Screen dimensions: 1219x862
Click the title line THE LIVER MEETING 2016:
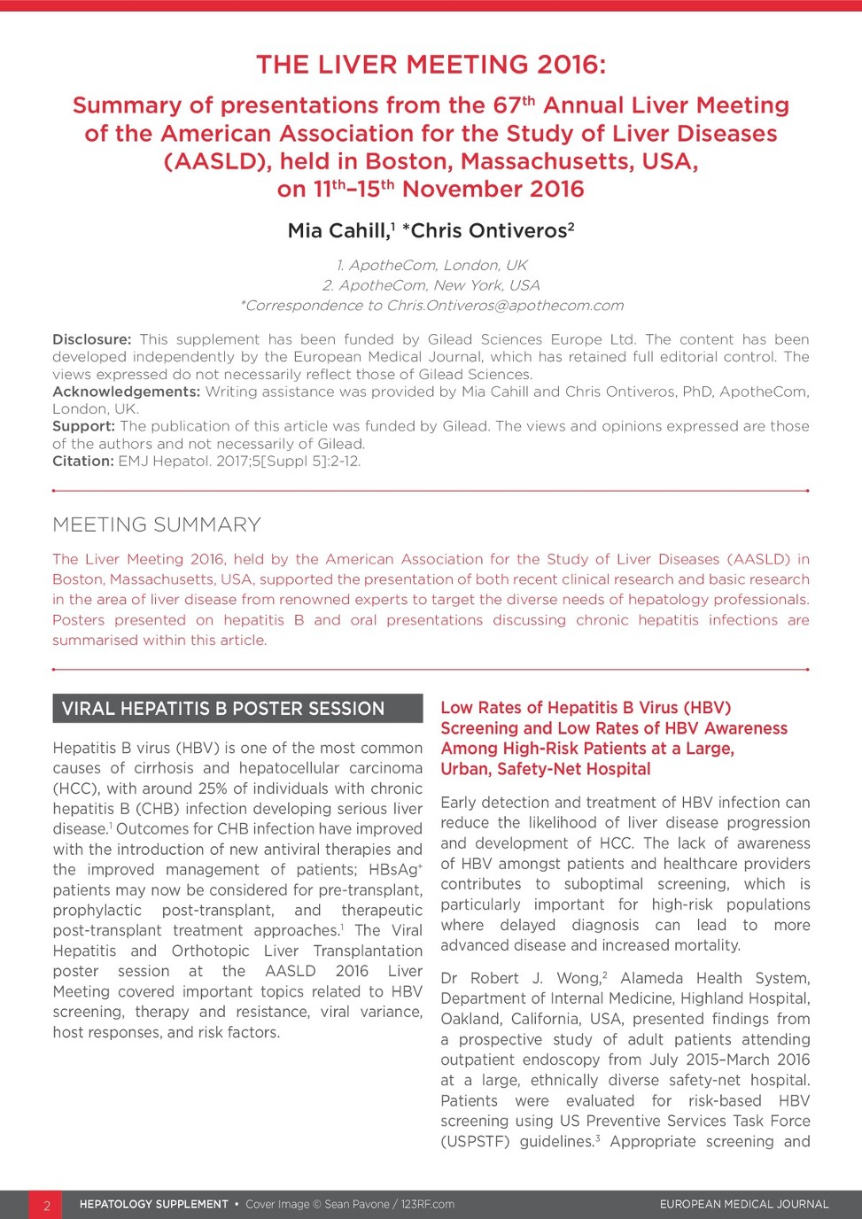point(431,65)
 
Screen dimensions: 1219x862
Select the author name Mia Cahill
point(338,231)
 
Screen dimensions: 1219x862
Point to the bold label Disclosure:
point(91,339)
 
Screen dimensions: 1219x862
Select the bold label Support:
point(83,426)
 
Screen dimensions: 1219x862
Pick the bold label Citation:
point(82,461)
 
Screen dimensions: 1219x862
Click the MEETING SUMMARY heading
point(157,524)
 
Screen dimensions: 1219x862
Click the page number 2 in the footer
point(47,1205)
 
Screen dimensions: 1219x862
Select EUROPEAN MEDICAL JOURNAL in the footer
point(744,1205)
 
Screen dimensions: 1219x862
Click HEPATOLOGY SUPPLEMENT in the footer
point(153,1205)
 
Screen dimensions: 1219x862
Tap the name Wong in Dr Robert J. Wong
point(579,979)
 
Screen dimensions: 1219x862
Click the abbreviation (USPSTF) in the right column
point(475,1142)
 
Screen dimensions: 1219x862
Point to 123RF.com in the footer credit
point(427,1205)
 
